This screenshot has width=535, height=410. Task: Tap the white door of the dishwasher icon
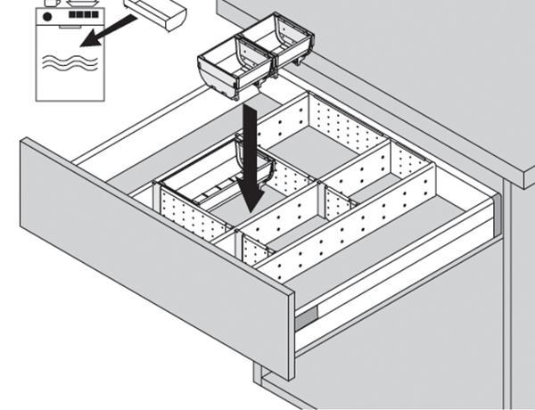click(67, 76)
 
